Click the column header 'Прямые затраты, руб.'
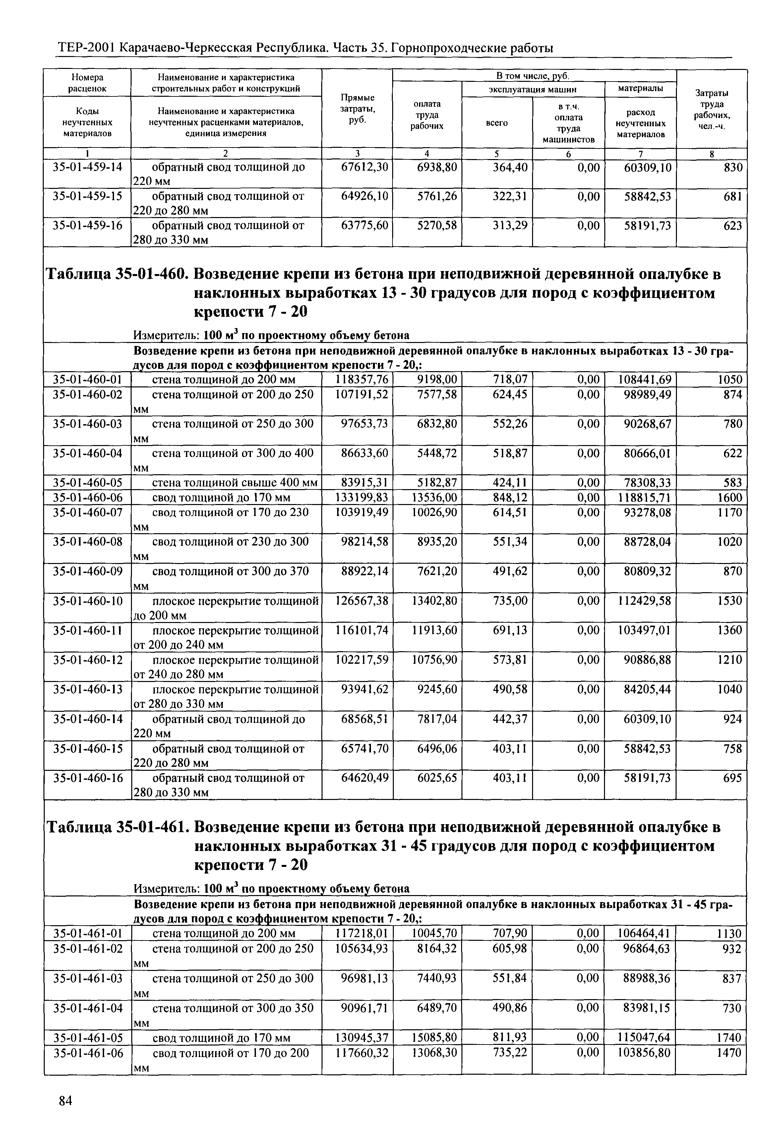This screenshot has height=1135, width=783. [357, 109]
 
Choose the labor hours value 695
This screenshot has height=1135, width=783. [733, 778]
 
